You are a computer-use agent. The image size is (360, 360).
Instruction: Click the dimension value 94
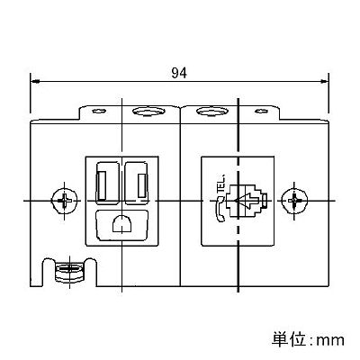pyautogui.click(x=179, y=73)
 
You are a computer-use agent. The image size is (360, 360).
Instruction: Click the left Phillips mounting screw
pyautogui.click(x=65, y=201)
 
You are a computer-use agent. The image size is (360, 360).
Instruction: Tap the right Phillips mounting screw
pyautogui.click(x=294, y=201)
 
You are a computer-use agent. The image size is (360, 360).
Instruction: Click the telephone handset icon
pyautogui.click(x=220, y=210)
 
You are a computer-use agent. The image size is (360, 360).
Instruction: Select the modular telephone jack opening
pyautogui.click(x=246, y=201)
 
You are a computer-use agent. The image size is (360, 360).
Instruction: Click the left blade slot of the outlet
pyautogui.click(x=102, y=185)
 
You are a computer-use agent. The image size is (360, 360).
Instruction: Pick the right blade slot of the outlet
pyautogui.click(x=142, y=185)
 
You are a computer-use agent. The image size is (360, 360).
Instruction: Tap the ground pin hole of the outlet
pyautogui.click(x=122, y=224)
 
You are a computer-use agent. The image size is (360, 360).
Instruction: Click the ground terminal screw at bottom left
pyautogui.click(x=69, y=271)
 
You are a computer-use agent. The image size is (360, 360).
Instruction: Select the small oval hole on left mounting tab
pyautogui.click(x=99, y=112)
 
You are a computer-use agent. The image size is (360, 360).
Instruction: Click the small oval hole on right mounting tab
pyautogui.click(x=261, y=112)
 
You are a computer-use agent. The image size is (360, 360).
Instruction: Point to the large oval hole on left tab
pyautogui.click(x=148, y=112)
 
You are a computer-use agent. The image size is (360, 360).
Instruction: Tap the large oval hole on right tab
pyautogui.click(x=212, y=112)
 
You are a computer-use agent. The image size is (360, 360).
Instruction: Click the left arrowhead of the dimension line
pyautogui.click(x=35, y=81)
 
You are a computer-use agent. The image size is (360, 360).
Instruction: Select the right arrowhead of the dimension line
pyautogui.click(x=324, y=81)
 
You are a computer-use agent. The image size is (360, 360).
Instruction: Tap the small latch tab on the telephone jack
pyautogui.click(x=264, y=201)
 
